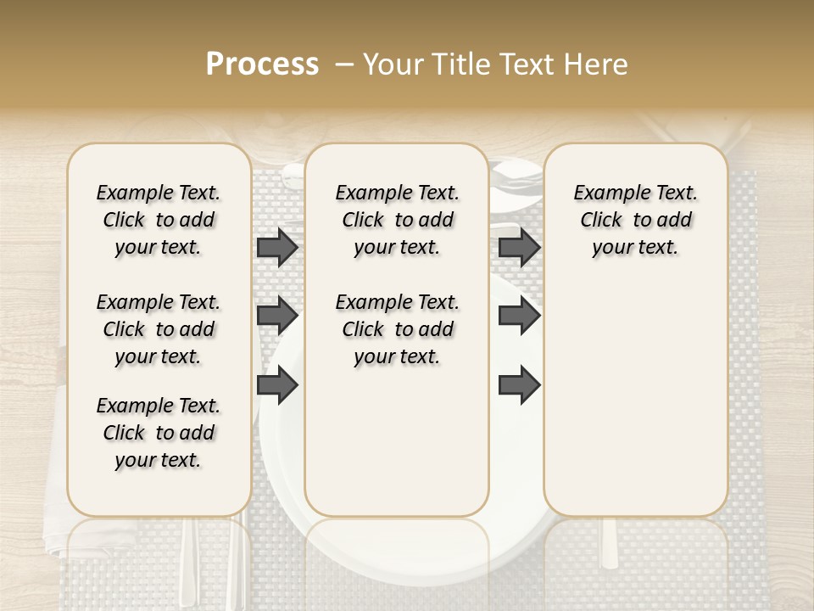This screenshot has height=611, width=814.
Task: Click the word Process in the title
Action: pos(262,64)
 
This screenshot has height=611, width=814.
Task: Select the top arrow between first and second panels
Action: pos(277,247)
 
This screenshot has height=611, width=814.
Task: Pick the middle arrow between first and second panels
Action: pos(277,316)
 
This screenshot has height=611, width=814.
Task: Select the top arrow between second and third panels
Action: pos(519,247)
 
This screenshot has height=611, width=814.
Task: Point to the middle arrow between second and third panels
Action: pos(519,316)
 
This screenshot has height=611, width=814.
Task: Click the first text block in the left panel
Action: pos(159,220)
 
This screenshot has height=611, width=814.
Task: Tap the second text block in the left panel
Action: pos(159,329)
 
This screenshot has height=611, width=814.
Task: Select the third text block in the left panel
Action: pos(159,433)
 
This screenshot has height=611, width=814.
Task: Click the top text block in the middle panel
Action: pos(397,220)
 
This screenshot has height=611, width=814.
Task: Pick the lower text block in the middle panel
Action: pos(397,329)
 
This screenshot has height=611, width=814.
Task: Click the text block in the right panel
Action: pos(635,220)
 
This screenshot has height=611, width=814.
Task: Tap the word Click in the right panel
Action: pos(601,220)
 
